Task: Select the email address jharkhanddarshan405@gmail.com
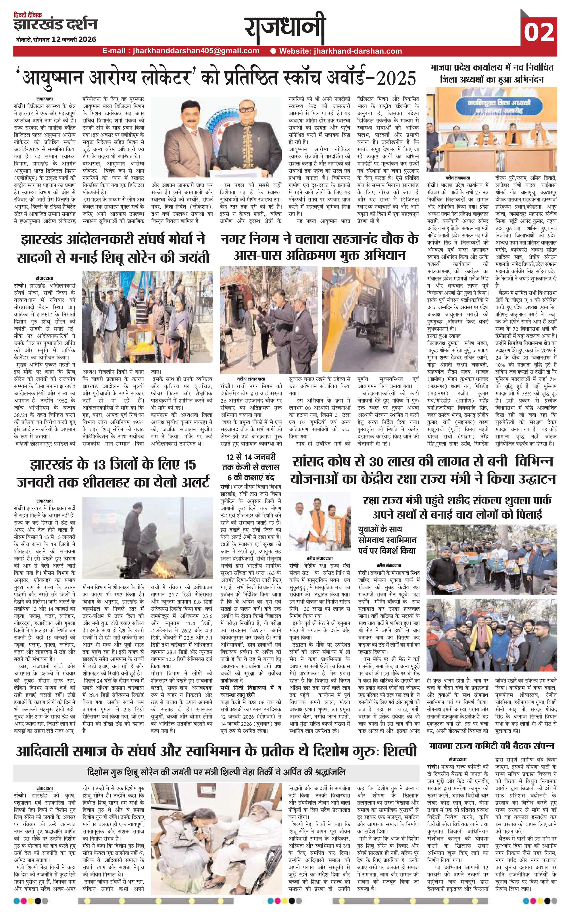coord(193,51)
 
